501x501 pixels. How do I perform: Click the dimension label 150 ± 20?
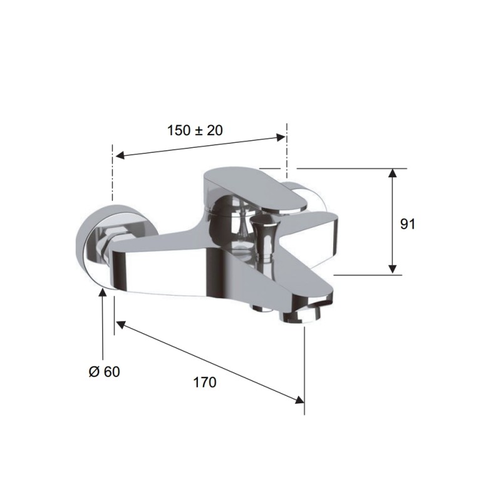195,130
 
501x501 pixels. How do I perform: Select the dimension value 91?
408,224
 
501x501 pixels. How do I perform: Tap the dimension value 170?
205,382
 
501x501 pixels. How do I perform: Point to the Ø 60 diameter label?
104,371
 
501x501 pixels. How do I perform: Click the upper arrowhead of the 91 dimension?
393,173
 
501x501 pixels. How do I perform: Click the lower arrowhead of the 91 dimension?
393,269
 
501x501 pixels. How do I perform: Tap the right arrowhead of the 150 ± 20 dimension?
281,137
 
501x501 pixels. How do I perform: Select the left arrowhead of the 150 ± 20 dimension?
120,155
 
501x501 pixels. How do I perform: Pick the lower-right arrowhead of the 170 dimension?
299,400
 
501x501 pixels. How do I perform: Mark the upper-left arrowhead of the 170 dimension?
120,324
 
